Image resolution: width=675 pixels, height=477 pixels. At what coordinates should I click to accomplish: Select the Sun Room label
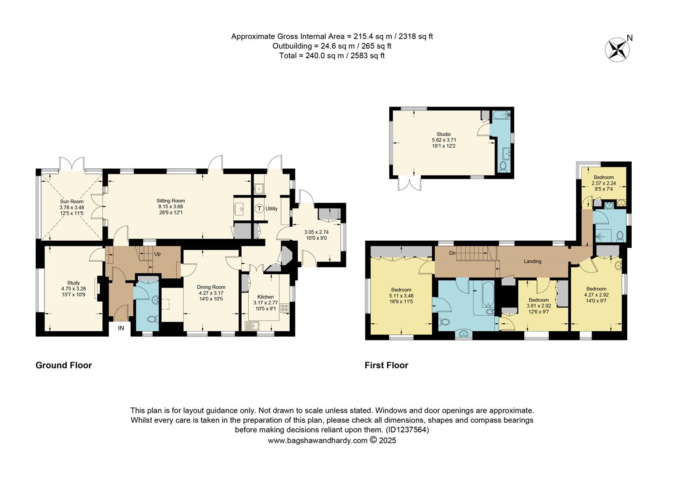tap(72, 201)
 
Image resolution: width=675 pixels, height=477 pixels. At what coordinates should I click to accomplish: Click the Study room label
tap(73, 283)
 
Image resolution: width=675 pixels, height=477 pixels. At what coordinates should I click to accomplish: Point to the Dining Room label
tap(211, 287)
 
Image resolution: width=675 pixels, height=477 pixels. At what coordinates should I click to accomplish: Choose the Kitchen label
tap(265, 297)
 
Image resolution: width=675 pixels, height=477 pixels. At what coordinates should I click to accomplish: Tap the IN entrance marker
tap(121, 328)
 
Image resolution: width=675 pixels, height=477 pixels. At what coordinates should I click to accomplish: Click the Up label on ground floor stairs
tap(157, 254)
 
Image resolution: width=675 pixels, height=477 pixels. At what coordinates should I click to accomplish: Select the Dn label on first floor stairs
tap(452, 253)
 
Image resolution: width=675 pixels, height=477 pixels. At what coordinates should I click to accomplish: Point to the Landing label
tap(532, 261)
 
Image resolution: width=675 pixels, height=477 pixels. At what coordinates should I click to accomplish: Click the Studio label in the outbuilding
tap(444, 134)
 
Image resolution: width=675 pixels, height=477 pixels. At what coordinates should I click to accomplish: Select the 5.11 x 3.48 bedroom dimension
tap(401, 296)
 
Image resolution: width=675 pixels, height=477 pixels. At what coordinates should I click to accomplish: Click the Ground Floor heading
tap(64, 365)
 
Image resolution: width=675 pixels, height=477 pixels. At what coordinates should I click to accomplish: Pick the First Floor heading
tap(386, 365)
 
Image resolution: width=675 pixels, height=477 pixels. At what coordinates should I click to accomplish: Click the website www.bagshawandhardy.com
tap(318, 440)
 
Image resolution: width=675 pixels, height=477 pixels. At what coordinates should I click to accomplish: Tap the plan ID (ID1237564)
tap(407, 430)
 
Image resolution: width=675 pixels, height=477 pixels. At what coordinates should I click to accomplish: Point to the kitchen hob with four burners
tap(284, 307)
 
